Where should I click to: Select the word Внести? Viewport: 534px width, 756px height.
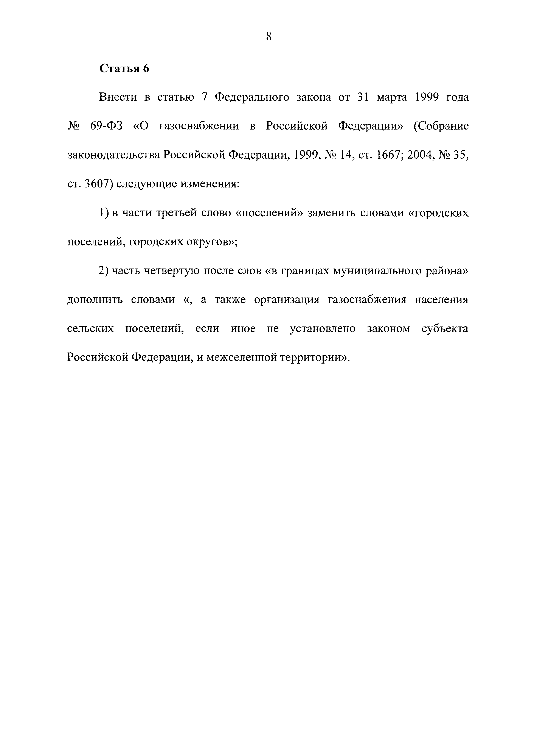click(x=118, y=97)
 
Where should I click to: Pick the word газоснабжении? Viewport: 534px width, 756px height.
click(x=199, y=127)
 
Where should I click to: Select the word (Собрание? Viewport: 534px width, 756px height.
click(x=441, y=127)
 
